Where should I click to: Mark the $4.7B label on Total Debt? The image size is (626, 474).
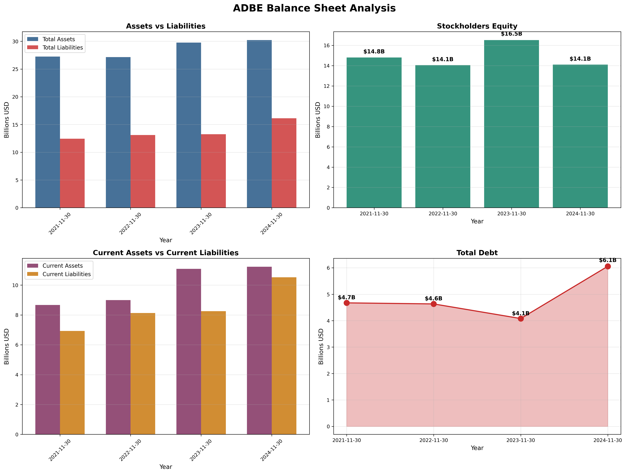point(346,297)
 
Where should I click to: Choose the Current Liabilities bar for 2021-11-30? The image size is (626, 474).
point(72,383)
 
